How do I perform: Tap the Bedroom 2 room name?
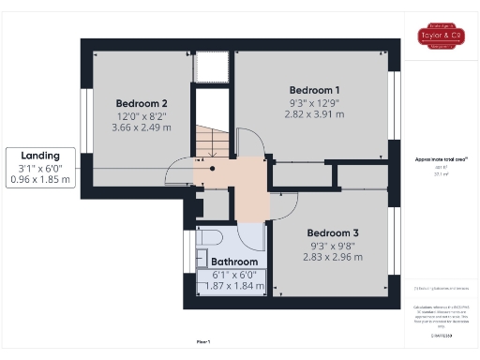point(142,103)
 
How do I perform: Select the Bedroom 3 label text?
point(333,232)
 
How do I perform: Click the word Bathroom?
point(233,262)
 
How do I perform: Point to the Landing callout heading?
point(40,155)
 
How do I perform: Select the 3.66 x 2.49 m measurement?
point(142,127)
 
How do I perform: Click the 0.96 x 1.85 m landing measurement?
point(40,179)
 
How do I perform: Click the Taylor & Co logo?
point(441,36)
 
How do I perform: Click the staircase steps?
point(211,141)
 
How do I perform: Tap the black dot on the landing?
point(213,168)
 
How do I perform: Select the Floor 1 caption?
point(202,342)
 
